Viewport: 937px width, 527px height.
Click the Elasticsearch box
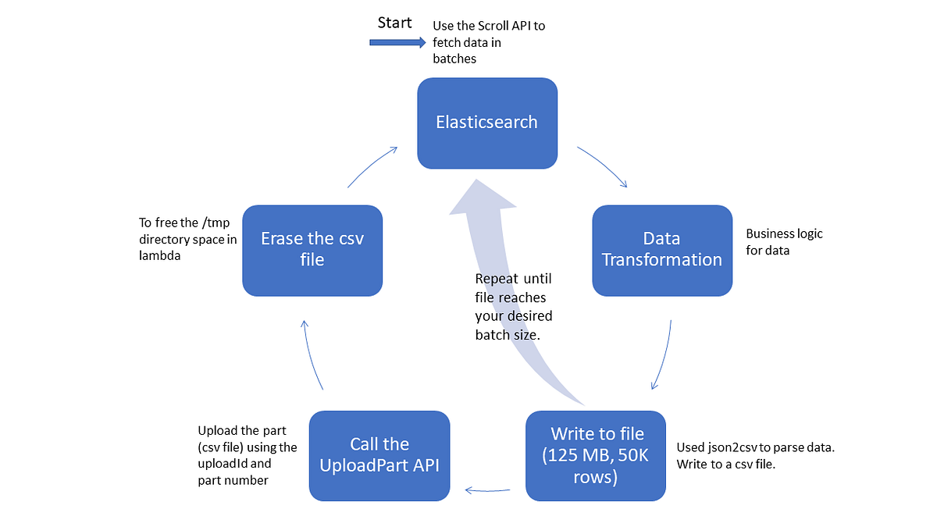487,123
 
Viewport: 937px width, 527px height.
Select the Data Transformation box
662,250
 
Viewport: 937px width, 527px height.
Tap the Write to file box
595,455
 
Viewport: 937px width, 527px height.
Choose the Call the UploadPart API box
379,455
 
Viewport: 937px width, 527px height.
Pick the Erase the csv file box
312,250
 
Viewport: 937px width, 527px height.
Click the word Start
394,23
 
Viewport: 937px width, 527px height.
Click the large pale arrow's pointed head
483,195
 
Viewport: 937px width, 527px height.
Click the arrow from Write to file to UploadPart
488,490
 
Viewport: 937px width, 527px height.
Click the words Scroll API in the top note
499,26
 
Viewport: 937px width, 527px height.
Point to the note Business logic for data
784,242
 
